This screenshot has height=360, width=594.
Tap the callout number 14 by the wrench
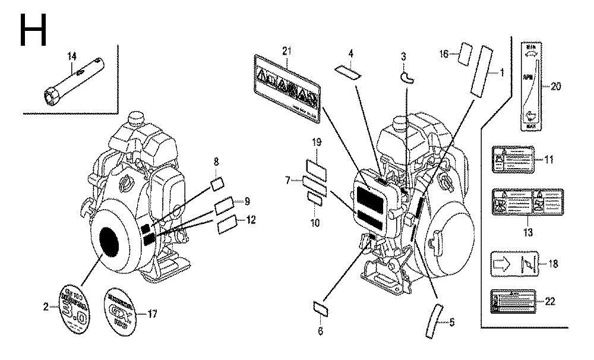click(x=72, y=56)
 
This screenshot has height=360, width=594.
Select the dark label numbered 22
click(x=513, y=301)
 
